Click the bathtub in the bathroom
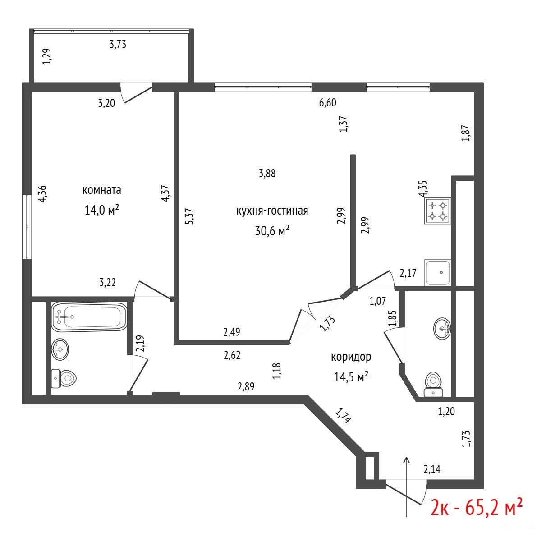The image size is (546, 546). [x=89, y=317]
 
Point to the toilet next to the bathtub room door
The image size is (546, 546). [x=64, y=379]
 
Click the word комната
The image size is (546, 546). [x=102, y=190]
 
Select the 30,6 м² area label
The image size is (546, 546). [x=272, y=230]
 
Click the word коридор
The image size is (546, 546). [x=351, y=357]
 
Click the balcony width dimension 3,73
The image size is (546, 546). [x=118, y=45]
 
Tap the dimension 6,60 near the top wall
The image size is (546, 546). [x=327, y=102]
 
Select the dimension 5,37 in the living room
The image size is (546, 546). [x=189, y=216]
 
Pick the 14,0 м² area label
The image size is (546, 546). [x=102, y=210]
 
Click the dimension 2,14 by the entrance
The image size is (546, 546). [x=432, y=469]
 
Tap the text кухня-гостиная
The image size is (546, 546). [x=272, y=211]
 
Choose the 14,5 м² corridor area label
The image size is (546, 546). [x=351, y=377]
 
